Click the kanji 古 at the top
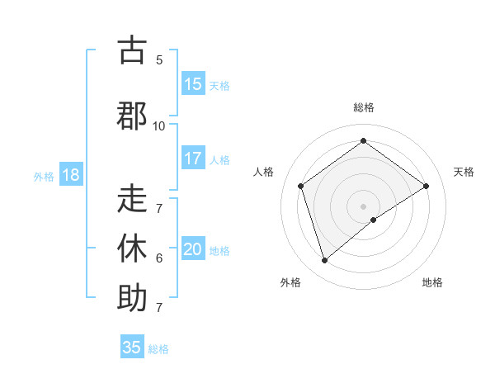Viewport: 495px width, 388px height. (132, 51)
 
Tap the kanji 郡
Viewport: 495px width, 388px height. (132, 116)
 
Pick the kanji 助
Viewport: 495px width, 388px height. (132, 297)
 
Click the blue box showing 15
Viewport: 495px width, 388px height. (193, 84)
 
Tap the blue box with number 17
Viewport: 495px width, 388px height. (193, 159)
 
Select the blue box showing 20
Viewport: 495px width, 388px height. (193, 249)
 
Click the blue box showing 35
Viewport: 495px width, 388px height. (132, 348)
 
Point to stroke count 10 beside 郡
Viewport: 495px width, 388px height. (158, 125)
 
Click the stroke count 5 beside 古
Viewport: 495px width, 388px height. (159, 60)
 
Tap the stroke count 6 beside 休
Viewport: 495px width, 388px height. (159, 258)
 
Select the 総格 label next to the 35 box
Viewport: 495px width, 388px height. (158, 349)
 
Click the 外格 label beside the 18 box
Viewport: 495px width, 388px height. (44, 176)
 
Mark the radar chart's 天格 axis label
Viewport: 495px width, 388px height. (464, 172)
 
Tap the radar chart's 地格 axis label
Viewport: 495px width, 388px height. (432, 282)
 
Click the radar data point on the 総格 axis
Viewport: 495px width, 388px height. (363, 141)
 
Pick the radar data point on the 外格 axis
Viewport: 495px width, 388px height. (324, 261)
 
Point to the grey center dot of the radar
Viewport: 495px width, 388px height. (363, 206)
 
